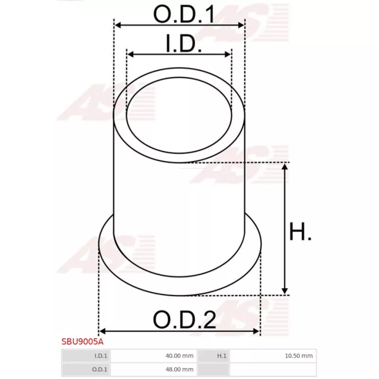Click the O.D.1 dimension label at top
pos(184,14)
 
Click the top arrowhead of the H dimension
pos(285,166)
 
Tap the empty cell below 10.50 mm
pos(272,369)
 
